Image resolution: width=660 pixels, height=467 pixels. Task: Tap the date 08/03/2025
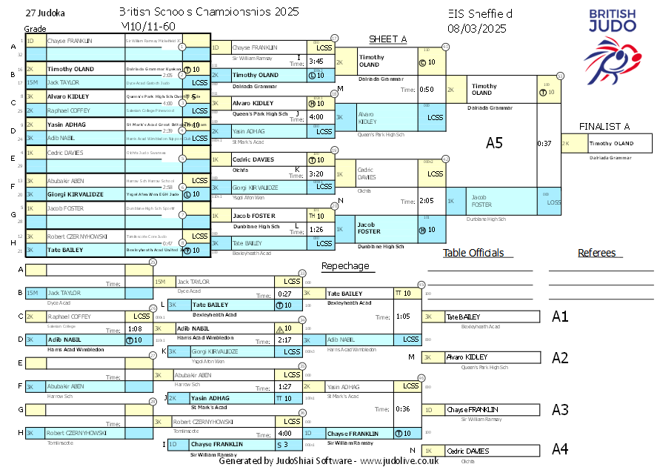(477, 29)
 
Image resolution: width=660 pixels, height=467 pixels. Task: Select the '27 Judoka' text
(44, 13)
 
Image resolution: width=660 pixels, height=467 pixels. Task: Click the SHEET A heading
(387, 39)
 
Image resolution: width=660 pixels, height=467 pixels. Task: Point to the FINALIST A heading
(604, 126)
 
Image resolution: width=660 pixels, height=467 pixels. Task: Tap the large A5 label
(494, 143)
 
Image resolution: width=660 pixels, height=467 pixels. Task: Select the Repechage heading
(344, 266)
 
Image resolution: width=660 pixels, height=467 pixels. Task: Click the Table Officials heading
(473, 253)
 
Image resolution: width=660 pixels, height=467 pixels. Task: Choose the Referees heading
(597, 253)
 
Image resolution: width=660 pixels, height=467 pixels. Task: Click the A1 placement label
(560, 317)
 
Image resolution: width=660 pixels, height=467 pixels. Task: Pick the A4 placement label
(560, 448)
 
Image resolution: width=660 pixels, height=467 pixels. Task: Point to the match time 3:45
(316, 62)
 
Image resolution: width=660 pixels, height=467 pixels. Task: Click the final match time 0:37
(544, 143)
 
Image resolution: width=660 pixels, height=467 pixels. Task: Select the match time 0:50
(426, 90)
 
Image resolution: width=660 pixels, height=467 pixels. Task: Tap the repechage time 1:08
(135, 328)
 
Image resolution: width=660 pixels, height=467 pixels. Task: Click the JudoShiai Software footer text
(328, 460)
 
